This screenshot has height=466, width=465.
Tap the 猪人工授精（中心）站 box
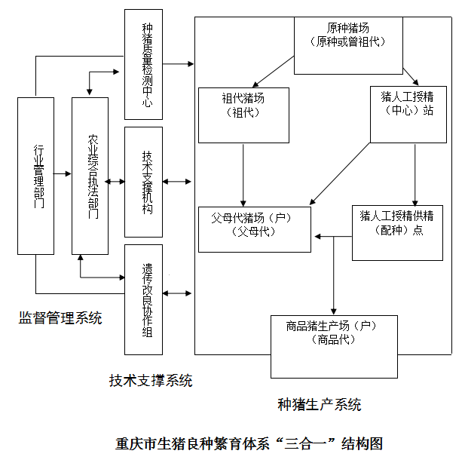pyautogui.click(x=408, y=114)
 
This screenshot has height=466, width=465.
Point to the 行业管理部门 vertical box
pyautogui.click(x=35, y=175)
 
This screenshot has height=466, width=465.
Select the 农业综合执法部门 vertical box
pyautogui.click(x=90, y=175)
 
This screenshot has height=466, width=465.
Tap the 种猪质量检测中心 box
pyautogui.click(x=142, y=65)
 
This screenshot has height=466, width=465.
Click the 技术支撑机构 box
pyautogui.click(x=143, y=182)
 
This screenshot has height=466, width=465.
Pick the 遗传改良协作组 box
pyautogui.click(x=143, y=299)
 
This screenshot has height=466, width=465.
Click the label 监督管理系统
pyautogui.click(x=60, y=317)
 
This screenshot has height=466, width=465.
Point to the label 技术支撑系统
pyautogui.click(x=150, y=381)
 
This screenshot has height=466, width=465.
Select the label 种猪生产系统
pyautogui.click(x=320, y=405)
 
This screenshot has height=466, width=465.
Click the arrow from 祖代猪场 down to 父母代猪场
pyautogui.click(x=243, y=173)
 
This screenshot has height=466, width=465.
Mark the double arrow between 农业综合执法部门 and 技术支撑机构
pyautogui.click(x=116, y=182)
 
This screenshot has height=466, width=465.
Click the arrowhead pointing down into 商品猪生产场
pyautogui.click(x=333, y=309)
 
